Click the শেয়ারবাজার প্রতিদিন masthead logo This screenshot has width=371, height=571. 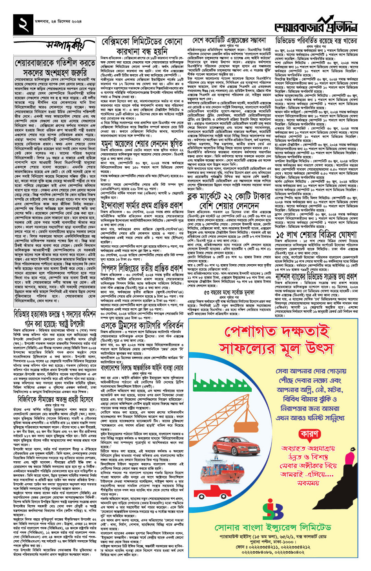[316, 26]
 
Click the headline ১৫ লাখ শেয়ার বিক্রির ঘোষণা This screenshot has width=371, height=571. [316, 235]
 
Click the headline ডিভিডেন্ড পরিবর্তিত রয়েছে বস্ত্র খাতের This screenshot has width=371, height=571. [316, 41]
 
